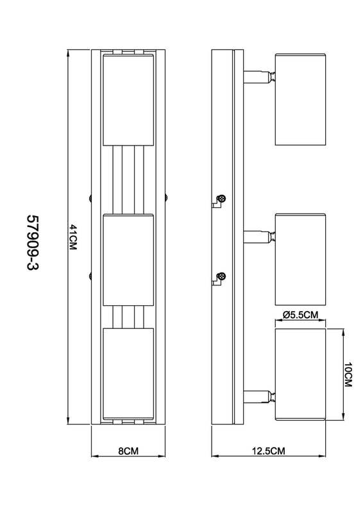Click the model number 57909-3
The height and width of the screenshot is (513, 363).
(33, 242)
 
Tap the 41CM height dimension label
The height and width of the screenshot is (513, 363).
(72, 237)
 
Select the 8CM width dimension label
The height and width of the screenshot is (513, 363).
(128, 451)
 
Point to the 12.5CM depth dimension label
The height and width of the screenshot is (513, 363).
(269, 451)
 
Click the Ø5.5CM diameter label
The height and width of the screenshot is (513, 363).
(300, 315)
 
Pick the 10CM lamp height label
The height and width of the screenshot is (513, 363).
(348, 374)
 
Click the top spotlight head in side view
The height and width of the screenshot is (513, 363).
(301, 99)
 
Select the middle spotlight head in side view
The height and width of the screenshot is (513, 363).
(301, 260)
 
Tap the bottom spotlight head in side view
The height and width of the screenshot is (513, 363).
(301, 374)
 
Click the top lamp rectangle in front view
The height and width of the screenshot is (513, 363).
(128, 100)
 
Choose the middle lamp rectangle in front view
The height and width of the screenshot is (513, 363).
(128, 260)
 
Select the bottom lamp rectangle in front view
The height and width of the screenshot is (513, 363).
(128, 374)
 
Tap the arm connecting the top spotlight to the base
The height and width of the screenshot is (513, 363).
(259, 77)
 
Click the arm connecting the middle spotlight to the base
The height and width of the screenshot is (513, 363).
(259, 237)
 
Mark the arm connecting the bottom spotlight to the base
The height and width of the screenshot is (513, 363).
(259, 397)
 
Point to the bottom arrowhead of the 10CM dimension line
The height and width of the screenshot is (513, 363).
(342, 417)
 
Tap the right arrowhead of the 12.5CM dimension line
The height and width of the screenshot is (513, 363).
(323, 455)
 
